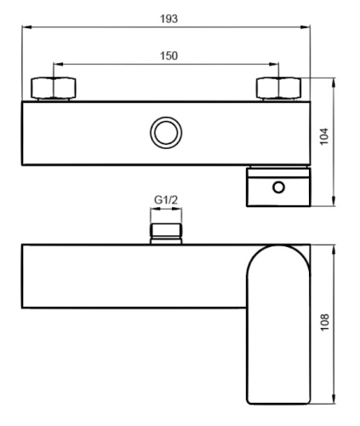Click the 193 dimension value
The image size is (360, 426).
[x=167, y=18]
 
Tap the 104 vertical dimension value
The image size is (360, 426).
[x=324, y=137]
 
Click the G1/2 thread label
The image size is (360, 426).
[x=165, y=202]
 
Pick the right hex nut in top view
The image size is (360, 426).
[x=279, y=89]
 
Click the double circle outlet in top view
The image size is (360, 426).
[x=163, y=133]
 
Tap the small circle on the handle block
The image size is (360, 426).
[x=278, y=187]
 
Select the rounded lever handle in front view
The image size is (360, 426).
[x=277, y=324]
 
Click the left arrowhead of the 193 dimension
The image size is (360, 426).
[x=26, y=28]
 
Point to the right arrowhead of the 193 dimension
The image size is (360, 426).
[x=308, y=28]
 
